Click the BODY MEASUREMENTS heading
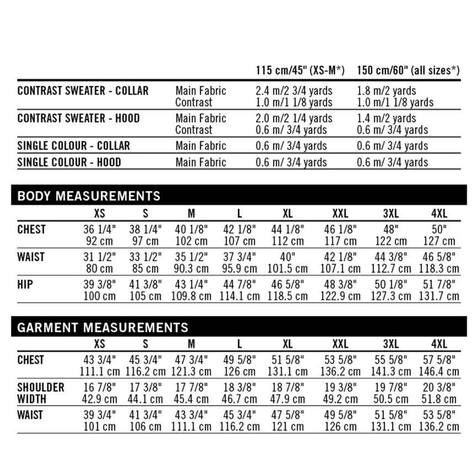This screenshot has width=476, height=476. point(89,196)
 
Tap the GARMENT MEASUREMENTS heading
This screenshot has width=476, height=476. point(102,327)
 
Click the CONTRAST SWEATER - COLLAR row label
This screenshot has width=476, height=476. point(83,91)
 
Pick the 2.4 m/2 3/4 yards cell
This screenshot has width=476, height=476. point(294,91)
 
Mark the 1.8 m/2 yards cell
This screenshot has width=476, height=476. point(386,91)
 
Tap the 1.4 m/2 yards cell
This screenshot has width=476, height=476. point(386,118)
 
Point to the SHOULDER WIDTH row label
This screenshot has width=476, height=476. point(41,393)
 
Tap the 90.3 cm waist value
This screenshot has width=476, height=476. point(191,269)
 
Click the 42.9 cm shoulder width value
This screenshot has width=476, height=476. point(99,399)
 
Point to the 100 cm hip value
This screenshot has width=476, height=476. point(99,296)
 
